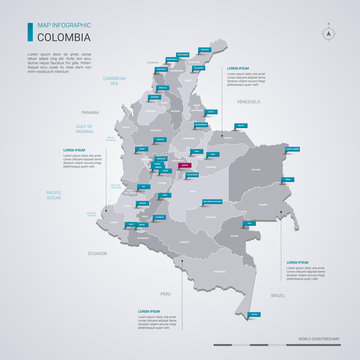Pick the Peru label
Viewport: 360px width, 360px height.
pos(165,294)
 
